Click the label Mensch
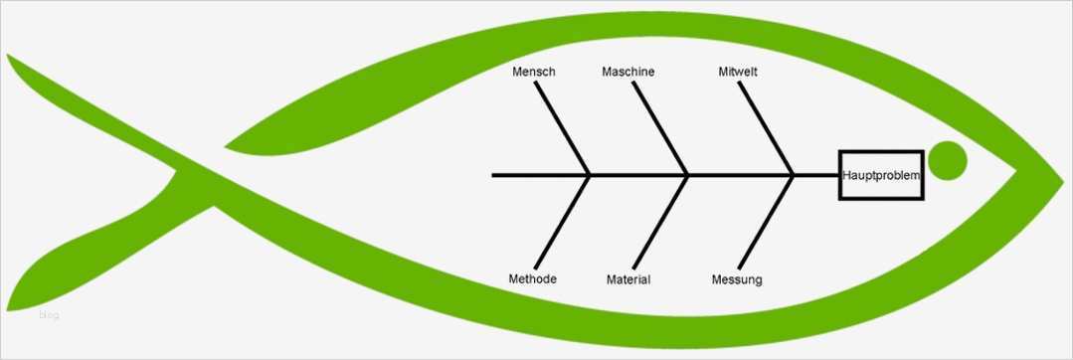[534, 72]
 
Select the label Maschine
[628, 72]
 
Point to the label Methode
[532, 278]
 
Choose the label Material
[628, 279]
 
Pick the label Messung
[737, 279]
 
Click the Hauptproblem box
[881, 175]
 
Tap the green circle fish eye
[947, 161]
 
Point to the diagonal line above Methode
[564, 221]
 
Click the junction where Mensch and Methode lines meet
[591, 175]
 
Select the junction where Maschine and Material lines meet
[687, 175]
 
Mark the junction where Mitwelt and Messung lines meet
[794, 175]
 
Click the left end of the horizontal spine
[494, 175]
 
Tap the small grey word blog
[50, 315]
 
